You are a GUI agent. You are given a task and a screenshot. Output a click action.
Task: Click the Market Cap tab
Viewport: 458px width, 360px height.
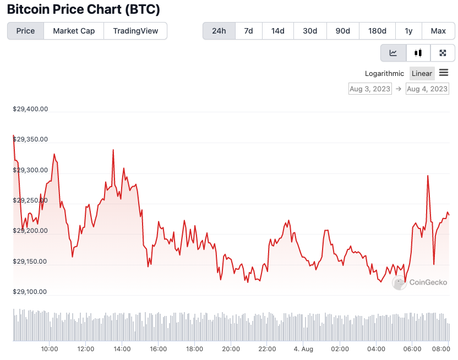(x=74, y=31)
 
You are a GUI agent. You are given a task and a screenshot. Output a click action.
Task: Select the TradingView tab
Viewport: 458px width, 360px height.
(x=135, y=31)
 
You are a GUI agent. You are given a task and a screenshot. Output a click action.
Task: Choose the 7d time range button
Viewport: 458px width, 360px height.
(x=248, y=31)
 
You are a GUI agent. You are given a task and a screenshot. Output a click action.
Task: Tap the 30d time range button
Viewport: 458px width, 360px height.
(x=310, y=31)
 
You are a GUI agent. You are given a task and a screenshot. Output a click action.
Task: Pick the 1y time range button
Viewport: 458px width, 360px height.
(x=408, y=31)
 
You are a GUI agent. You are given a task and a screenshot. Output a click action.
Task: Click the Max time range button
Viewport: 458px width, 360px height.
(x=438, y=31)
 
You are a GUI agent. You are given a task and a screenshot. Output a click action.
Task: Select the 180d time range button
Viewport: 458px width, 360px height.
(x=377, y=31)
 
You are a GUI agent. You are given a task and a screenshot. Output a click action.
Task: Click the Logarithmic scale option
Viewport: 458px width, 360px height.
(x=384, y=74)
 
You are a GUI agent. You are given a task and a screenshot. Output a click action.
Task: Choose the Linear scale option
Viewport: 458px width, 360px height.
(x=422, y=74)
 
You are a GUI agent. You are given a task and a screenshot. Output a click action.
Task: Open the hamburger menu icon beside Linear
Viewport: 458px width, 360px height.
(x=444, y=73)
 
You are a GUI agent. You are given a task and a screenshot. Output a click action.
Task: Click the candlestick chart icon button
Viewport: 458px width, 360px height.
(x=418, y=53)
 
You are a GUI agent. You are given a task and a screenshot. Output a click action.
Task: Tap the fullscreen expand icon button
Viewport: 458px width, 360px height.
(x=443, y=53)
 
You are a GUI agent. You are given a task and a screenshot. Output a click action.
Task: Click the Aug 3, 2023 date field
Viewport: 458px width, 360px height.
(x=370, y=89)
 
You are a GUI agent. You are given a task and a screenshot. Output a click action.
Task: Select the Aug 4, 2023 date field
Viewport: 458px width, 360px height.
(x=427, y=89)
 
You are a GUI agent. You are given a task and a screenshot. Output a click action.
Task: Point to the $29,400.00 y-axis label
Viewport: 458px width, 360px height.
(x=30, y=109)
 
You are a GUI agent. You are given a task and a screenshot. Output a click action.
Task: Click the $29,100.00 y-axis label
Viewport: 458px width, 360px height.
(x=30, y=292)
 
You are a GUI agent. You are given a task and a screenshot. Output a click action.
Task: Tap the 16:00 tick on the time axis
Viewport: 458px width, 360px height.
(x=158, y=349)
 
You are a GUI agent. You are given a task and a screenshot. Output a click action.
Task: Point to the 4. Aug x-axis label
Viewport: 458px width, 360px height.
(x=303, y=349)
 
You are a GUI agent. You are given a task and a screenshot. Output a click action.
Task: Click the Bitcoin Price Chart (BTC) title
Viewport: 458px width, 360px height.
(x=83, y=10)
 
